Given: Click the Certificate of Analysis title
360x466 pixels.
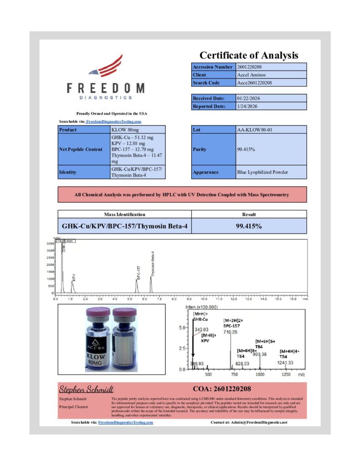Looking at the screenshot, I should [249, 56].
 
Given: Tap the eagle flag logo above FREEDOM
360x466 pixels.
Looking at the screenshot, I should [106, 67].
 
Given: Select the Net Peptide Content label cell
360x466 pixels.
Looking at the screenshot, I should [84, 149].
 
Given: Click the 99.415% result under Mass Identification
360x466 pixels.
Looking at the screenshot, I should [249, 226].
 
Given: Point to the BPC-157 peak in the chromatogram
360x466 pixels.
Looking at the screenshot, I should [137, 285].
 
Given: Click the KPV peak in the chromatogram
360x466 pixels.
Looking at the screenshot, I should [73, 287].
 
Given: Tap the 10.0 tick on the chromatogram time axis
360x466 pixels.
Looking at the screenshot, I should [204, 299].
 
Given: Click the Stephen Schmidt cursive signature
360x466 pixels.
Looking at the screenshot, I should [86, 389].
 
